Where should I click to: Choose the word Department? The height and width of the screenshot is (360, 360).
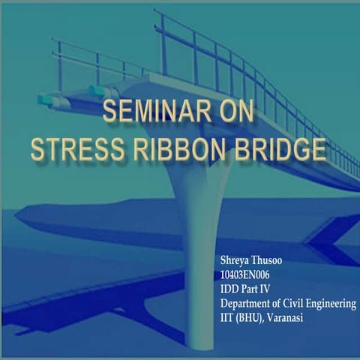click(247, 304)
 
